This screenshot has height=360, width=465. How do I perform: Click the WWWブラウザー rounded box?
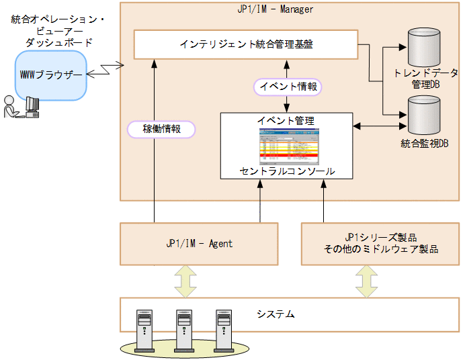51,76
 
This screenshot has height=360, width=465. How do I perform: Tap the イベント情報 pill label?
287,87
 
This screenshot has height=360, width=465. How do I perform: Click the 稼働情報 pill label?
161,129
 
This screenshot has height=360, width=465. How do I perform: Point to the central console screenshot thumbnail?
287,146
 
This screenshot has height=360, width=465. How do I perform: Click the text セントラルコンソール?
287,171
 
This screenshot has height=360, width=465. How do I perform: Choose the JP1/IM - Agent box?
199,243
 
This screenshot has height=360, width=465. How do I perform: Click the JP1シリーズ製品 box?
380,243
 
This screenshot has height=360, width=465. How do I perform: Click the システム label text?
276,314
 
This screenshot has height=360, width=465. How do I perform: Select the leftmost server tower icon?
144,329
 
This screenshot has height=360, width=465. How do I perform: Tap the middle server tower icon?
183,329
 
